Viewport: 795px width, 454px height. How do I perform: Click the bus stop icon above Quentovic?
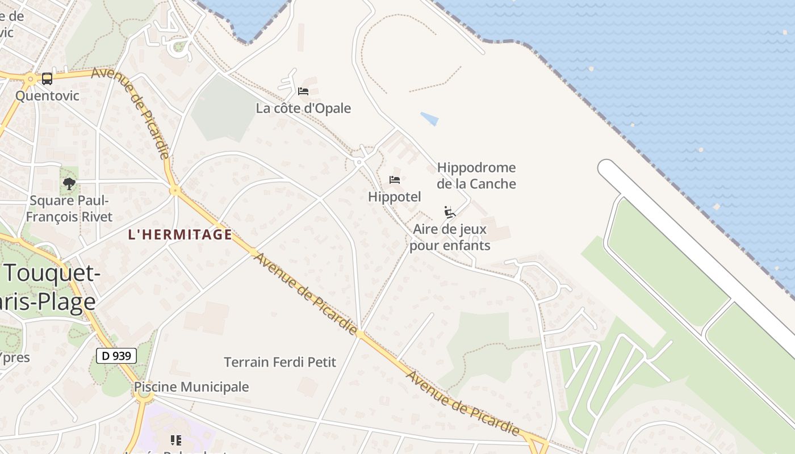[47, 79]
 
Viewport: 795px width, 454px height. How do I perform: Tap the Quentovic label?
[47, 95]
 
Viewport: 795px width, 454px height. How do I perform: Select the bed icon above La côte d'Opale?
[303, 91]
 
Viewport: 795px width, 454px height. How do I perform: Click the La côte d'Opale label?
[303, 108]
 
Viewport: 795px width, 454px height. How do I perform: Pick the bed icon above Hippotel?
[395, 180]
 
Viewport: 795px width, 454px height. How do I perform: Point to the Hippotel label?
[395, 197]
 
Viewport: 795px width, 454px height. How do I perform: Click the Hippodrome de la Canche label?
[476, 175]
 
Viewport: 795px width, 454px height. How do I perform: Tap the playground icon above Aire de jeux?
[450, 212]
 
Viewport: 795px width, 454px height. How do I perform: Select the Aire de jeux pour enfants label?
[450, 237]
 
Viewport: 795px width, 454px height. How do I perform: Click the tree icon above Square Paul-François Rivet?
[69, 183]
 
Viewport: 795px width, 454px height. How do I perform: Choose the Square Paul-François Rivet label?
[69, 208]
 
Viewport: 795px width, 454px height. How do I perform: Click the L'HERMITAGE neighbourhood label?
[180, 234]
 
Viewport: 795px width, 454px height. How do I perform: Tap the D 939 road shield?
[117, 356]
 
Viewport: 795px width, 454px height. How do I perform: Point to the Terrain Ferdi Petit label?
[280, 362]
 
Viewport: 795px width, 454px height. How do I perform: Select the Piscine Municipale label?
[191, 387]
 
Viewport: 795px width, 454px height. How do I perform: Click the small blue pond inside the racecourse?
[430, 119]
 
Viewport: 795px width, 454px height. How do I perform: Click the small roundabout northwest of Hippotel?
[358, 162]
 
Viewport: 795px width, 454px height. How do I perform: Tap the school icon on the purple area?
[175, 440]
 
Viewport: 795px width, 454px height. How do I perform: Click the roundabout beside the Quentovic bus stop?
[30, 79]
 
